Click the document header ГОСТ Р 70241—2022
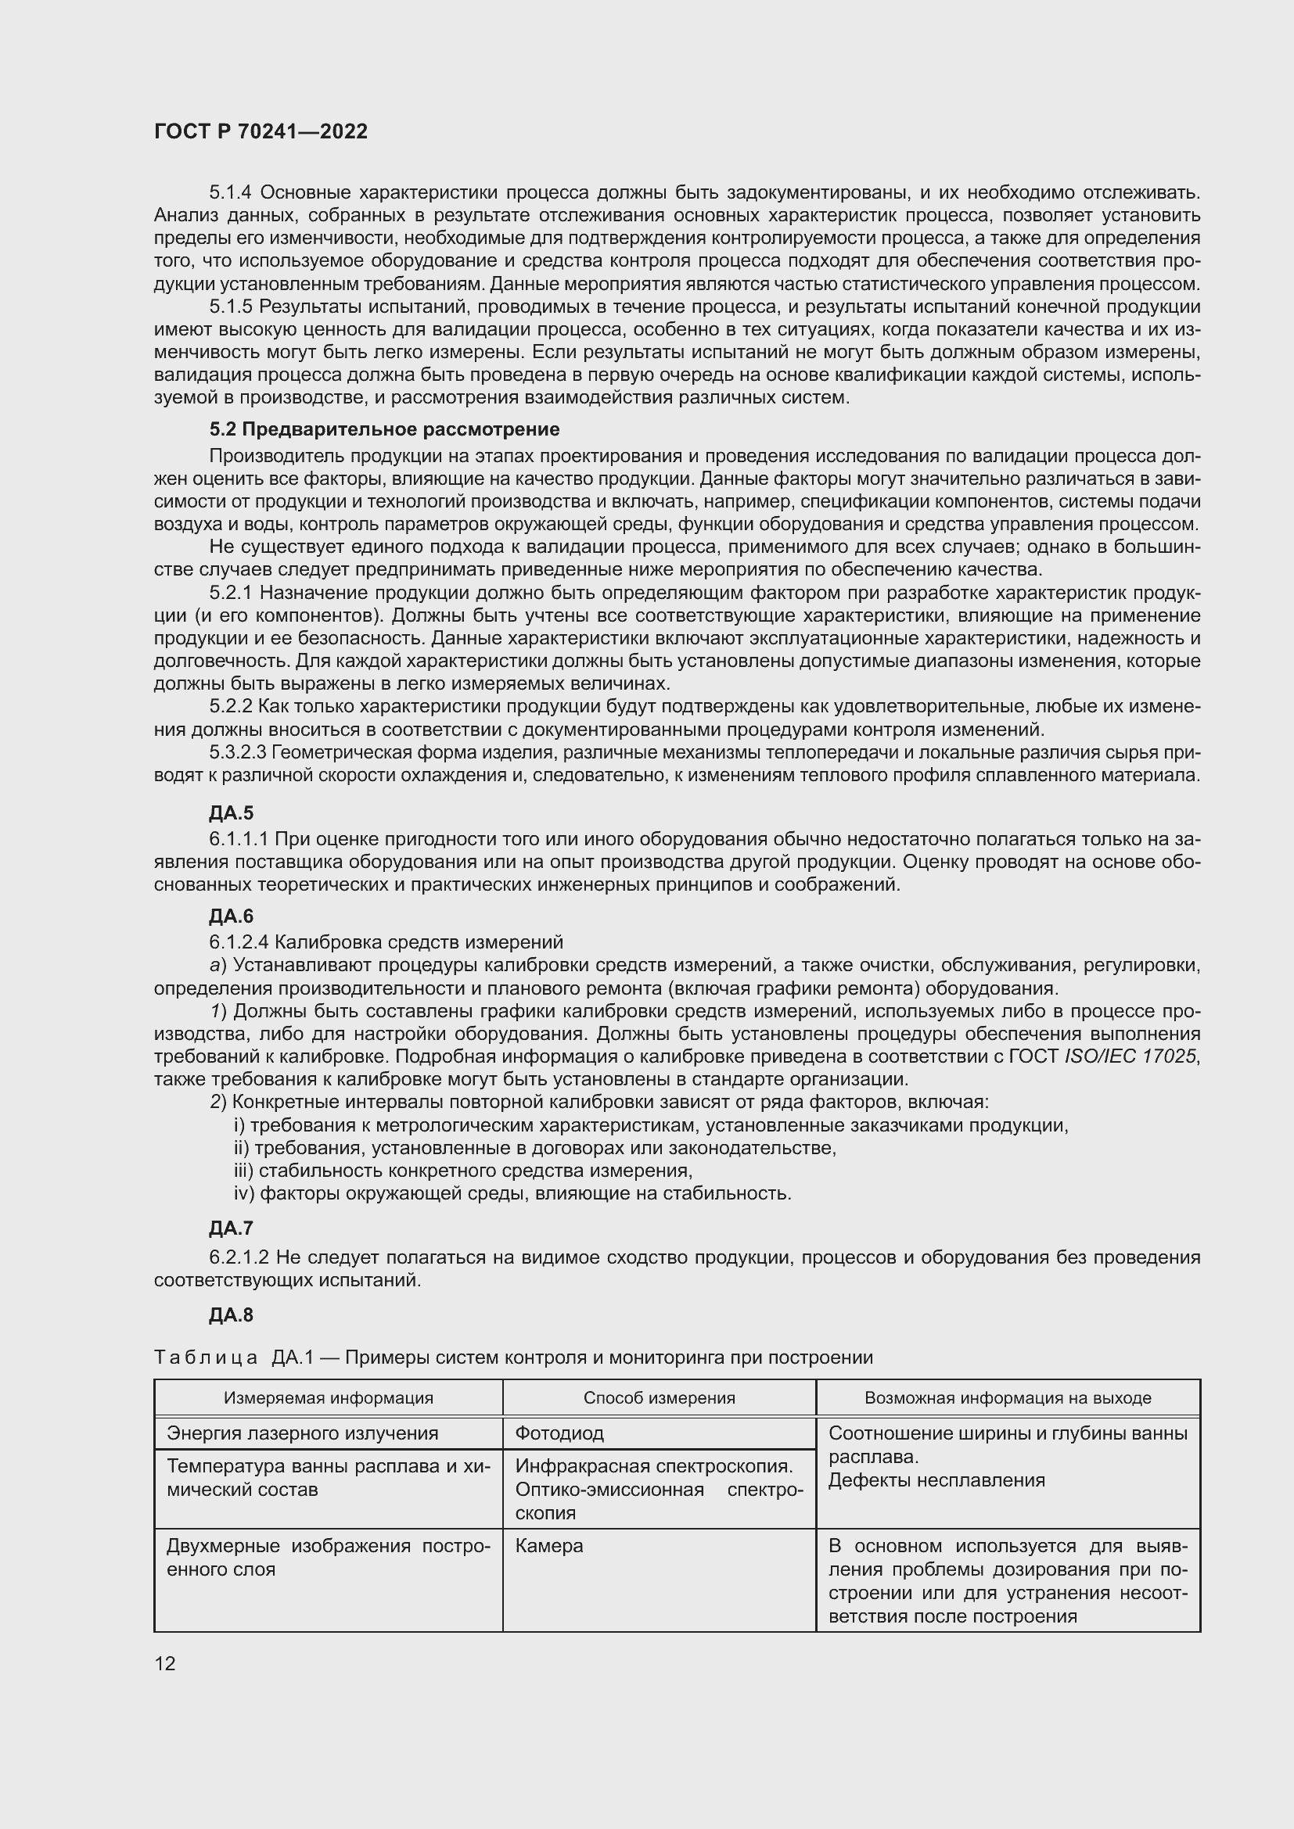coord(261,131)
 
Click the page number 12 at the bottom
coord(165,1663)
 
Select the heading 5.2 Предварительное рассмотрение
coord(384,429)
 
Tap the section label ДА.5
coord(231,813)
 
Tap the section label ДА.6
coord(231,916)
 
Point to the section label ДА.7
coord(231,1228)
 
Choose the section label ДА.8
coord(231,1315)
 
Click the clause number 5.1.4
coord(231,192)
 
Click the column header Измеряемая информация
coord(329,1398)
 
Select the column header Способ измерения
coord(659,1398)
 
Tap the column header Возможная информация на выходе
coord(1008,1398)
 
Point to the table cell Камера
coord(549,1546)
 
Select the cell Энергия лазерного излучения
coord(302,1434)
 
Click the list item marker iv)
coord(243,1193)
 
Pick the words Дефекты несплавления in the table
coord(936,1481)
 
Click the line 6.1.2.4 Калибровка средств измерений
coord(386,941)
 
